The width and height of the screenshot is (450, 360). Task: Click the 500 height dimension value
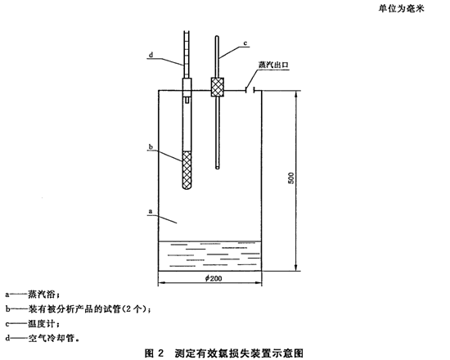291,178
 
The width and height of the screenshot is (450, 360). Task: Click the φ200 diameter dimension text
214,278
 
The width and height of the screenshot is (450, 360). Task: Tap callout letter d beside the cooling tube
151,55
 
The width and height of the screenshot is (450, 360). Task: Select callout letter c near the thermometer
245,43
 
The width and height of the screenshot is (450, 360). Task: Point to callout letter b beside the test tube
151,147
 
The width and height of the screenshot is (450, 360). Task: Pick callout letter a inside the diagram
151,212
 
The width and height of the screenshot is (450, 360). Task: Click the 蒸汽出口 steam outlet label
273,65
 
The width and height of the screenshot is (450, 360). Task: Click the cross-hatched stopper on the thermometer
218,87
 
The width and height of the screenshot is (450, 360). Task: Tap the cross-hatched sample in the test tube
187,170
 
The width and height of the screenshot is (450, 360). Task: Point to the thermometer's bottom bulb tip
218,168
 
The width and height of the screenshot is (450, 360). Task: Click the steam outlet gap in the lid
250,91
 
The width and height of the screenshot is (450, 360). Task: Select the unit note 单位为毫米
401,9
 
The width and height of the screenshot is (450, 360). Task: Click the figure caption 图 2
154,353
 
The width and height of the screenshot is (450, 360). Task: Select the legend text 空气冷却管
51,339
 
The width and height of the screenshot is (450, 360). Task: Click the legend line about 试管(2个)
78,309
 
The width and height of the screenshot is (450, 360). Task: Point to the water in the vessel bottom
209,256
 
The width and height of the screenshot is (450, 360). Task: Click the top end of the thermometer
218,37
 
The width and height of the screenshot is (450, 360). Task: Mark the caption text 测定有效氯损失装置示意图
239,353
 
